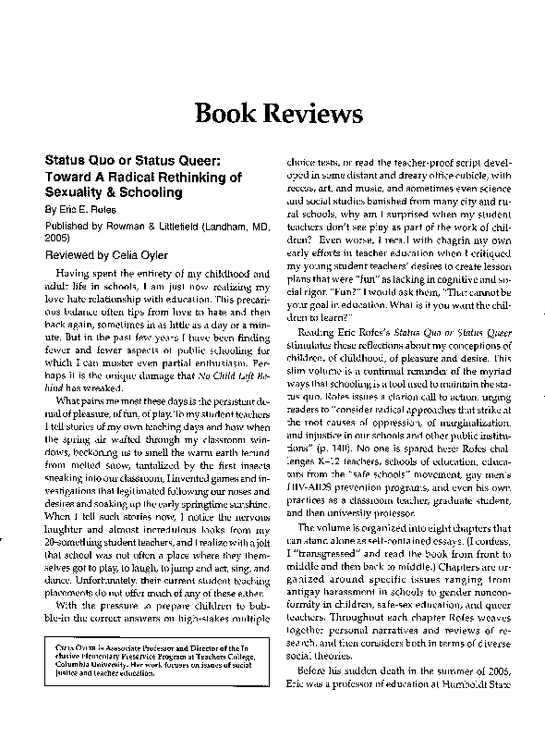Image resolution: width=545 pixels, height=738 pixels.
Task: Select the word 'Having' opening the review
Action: pos(73,274)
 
